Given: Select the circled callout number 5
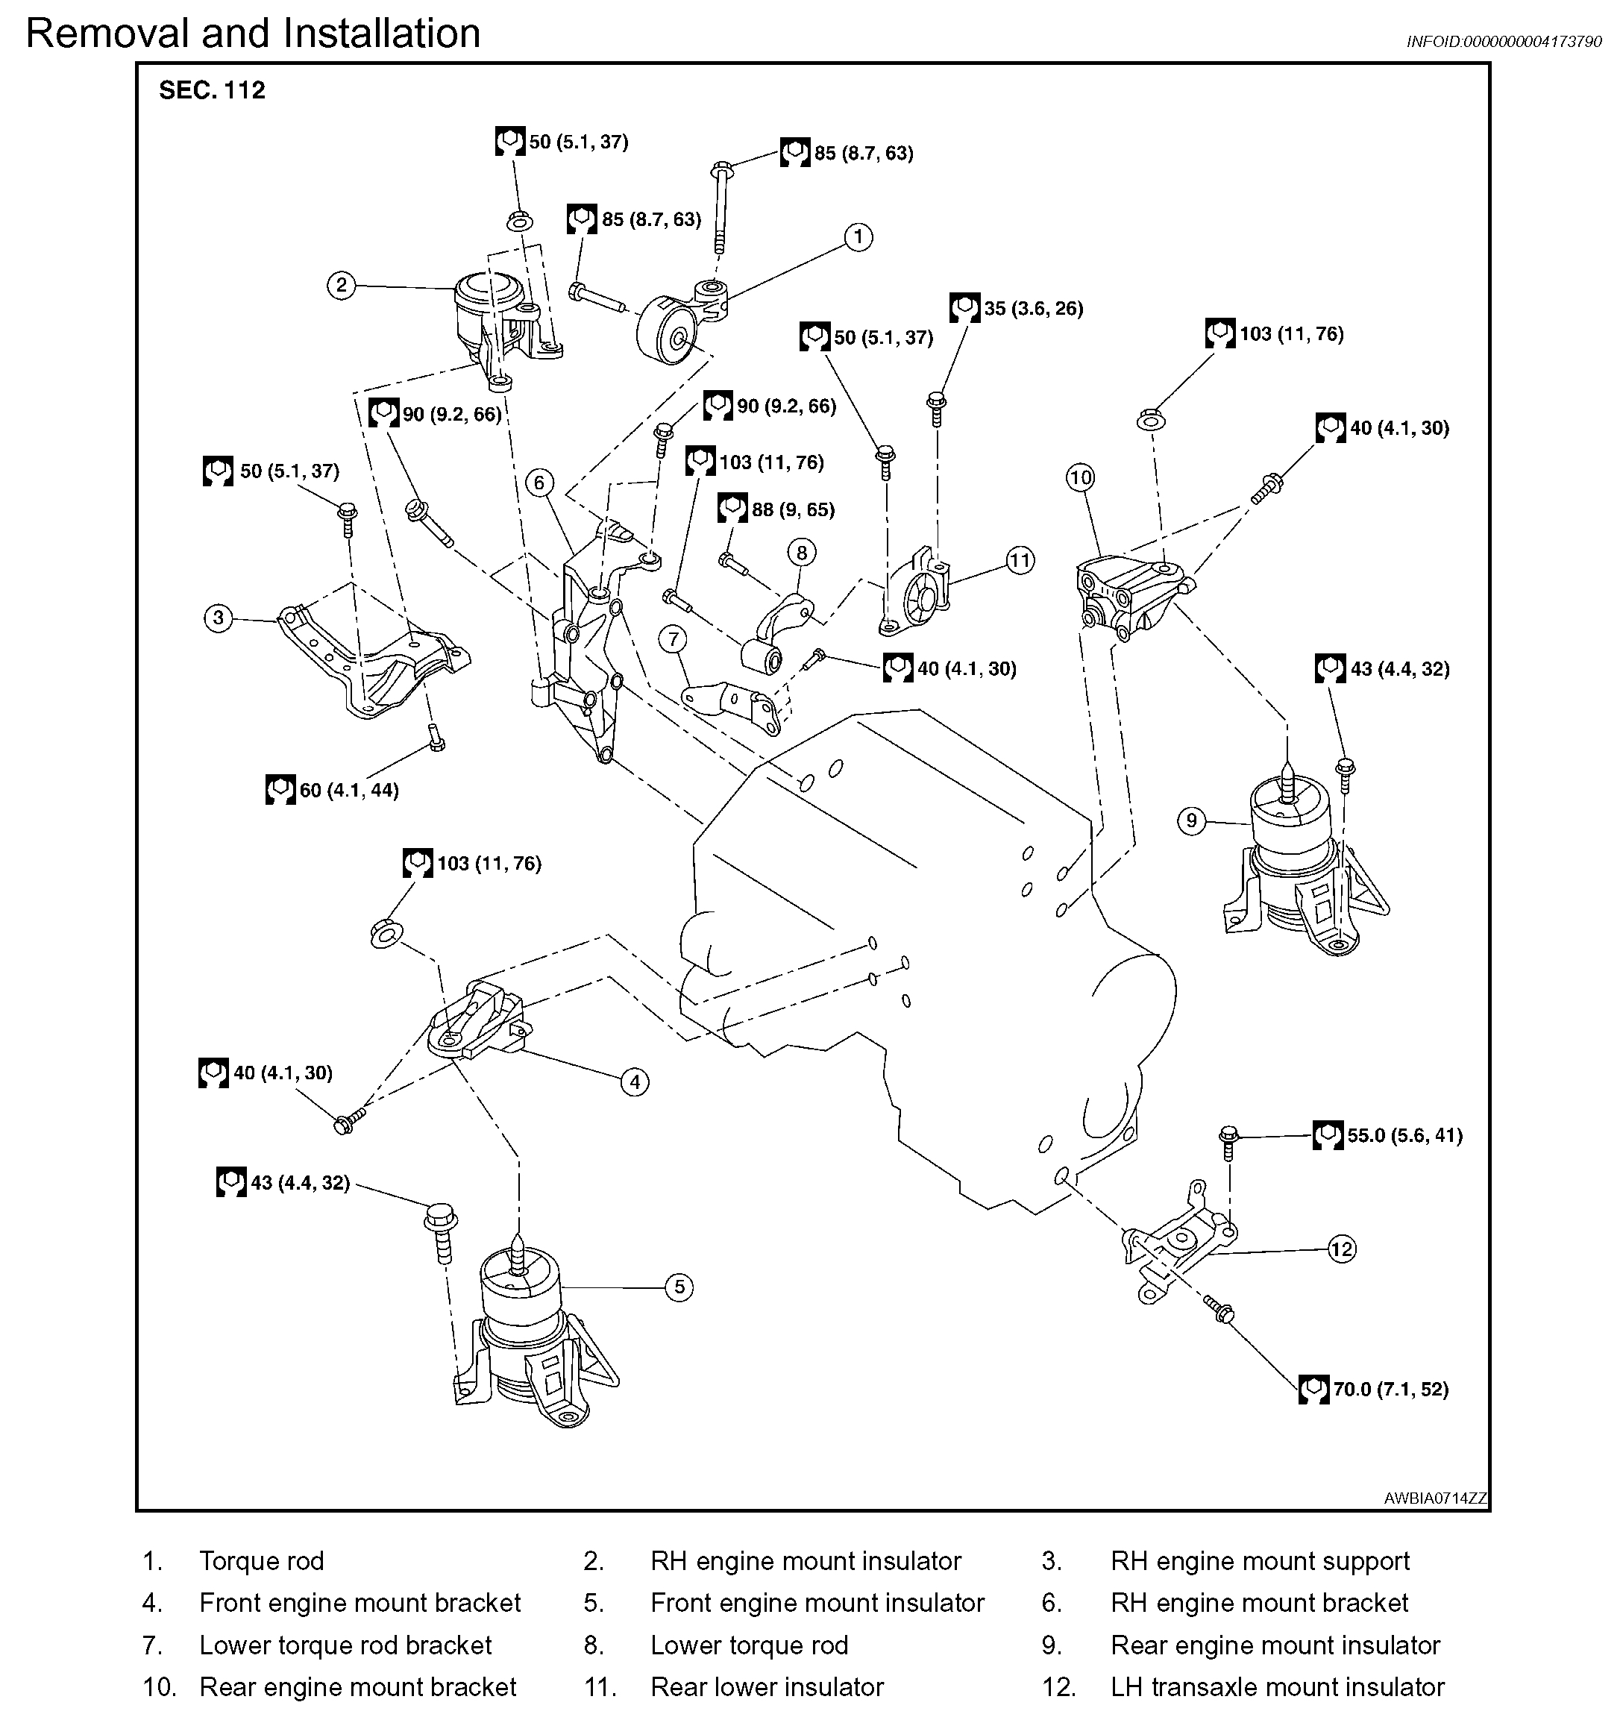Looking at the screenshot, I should (679, 1287).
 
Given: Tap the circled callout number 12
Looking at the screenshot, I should (1341, 1249).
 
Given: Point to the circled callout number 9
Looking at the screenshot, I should (1191, 820).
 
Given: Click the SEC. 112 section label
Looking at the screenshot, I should (212, 90).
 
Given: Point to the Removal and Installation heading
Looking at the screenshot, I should (253, 34).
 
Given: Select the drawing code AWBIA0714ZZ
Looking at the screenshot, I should (1434, 1498).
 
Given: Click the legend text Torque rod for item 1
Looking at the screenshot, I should (261, 1561).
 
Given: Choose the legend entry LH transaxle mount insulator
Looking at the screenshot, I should (1277, 1686).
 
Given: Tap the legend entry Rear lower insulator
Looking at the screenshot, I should (767, 1686).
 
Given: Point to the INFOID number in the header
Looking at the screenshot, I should (1504, 42).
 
